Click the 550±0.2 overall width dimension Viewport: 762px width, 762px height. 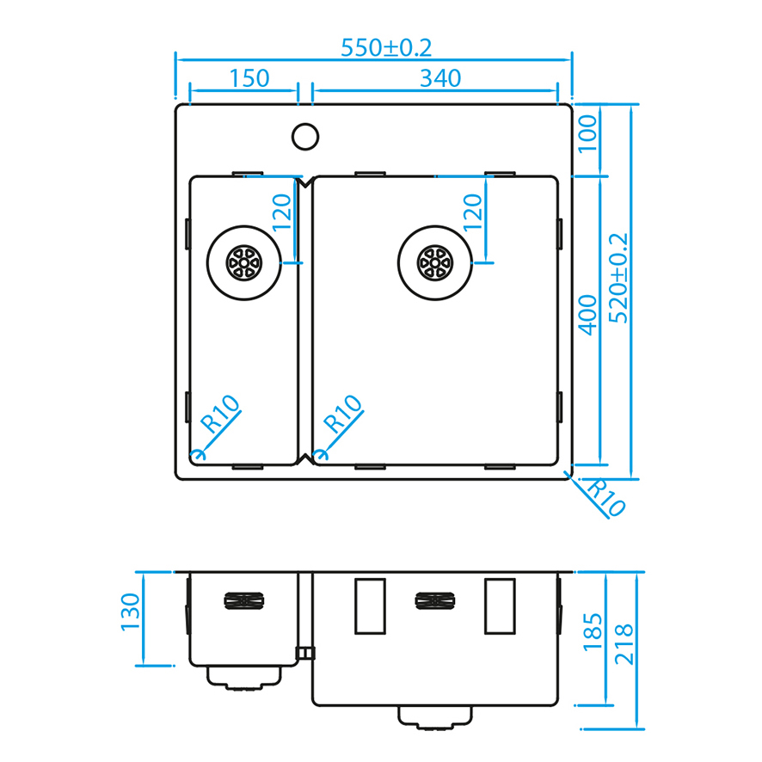click(x=386, y=47)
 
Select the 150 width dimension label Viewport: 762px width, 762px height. click(x=249, y=78)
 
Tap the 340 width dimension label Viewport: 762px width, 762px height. click(x=440, y=78)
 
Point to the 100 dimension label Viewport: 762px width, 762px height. click(x=587, y=133)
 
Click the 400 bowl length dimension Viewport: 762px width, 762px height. click(x=587, y=315)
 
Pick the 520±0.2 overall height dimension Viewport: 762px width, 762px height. click(x=618, y=278)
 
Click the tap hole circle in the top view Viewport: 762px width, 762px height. click(x=305, y=137)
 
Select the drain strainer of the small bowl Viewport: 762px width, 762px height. click(x=244, y=263)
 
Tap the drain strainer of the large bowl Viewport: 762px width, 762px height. click(x=435, y=263)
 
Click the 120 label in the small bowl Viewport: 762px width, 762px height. click(x=282, y=212)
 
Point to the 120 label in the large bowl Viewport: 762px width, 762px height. click(x=472, y=212)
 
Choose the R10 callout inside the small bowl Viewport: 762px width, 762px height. click(x=221, y=414)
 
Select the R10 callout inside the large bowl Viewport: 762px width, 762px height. click(x=343, y=414)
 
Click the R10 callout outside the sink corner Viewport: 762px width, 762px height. click(x=605, y=497)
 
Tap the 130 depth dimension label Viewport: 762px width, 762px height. click(x=130, y=611)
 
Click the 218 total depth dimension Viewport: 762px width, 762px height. click(x=624, y=644)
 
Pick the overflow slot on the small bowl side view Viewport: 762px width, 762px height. click(x=244, y=600)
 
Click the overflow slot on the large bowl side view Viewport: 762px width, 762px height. click(x=435, y=600)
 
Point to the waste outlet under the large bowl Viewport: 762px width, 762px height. click(x=435, y=717)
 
